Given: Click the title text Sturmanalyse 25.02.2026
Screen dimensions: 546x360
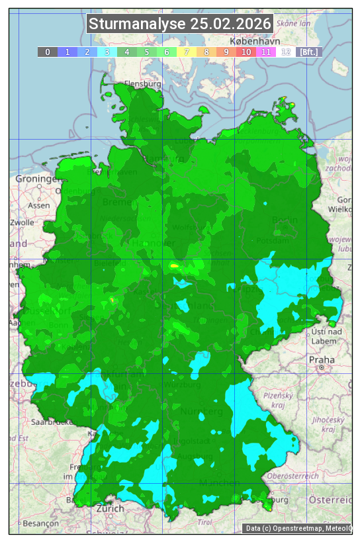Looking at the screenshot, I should click(x=180, y=24).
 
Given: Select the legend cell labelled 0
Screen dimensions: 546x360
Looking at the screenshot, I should click(x=48, y=52).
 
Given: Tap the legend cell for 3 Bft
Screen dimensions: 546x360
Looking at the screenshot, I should click(x=107, y=52).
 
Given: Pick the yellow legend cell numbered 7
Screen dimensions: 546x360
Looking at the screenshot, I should click(x=187, y=52).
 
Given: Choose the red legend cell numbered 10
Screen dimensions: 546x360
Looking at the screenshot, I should click(x=246, y=52).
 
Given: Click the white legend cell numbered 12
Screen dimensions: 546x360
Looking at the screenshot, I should click(x=286, y=52).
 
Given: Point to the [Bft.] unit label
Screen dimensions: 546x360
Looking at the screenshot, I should click(x=308, y=52).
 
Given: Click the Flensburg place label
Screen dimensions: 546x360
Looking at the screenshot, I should click(x=143, y=84).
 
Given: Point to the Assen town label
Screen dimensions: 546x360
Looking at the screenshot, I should click(x=39, y=205).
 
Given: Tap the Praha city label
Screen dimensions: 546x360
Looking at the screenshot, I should click(x=322, y=359).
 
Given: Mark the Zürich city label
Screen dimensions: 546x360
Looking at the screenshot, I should click(x=110, y=508).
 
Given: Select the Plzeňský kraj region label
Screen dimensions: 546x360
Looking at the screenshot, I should click(x=283, y=399).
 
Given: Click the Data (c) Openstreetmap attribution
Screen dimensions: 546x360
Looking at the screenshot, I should click(x=298, y=528).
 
